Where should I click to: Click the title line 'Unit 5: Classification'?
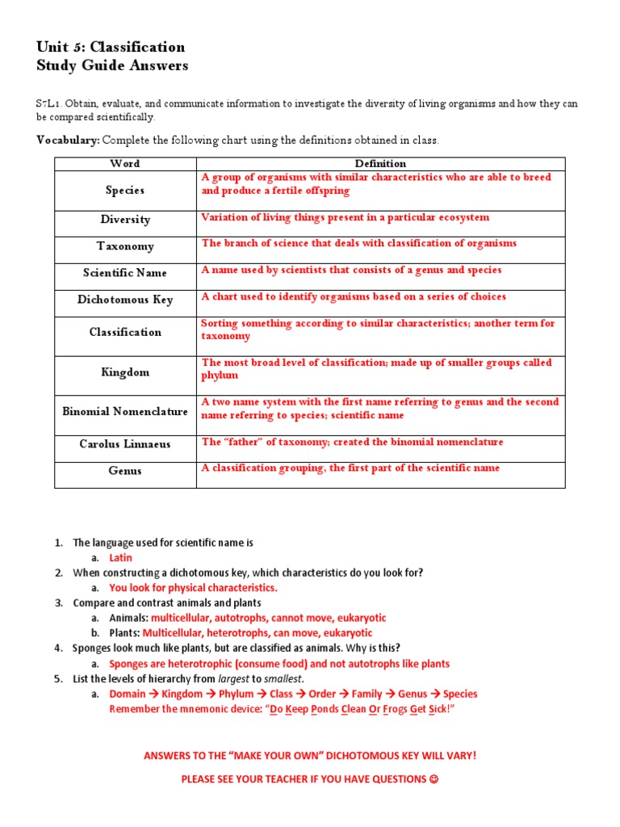point(111,47)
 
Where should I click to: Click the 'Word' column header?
point(125,163)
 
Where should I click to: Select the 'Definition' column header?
point(380,163)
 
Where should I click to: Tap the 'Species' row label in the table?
point(125,191)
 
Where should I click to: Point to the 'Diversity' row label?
point(125,220)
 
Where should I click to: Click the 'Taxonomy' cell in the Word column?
point(125,246)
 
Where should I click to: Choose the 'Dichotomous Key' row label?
point(125,300)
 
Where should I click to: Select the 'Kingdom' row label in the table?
point(125,372)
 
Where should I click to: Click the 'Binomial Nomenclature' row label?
point(125,411)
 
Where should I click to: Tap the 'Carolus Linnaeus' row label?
point(125,444)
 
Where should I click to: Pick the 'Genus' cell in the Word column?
point(125,471)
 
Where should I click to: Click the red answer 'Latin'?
point(120,558)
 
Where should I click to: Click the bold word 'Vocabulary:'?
point(68,141)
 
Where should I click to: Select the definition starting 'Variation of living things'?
point(345,217)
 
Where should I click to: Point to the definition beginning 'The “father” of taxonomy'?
point(352,442)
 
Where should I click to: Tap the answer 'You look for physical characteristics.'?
point(193,588)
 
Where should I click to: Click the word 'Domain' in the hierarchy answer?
point(128,694)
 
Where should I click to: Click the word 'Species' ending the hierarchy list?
point(459,694)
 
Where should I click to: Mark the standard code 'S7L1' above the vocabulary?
point(48,104)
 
